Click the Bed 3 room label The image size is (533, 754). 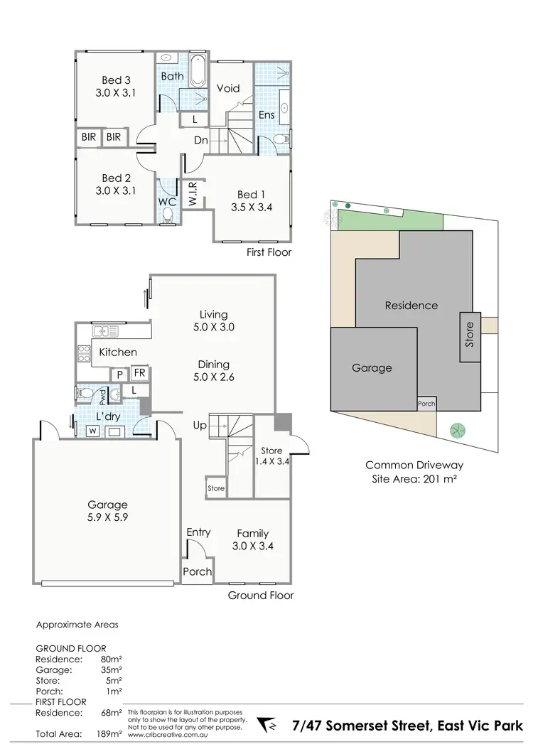pyautogui.click(x=116, y=80)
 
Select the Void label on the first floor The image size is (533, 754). pyautogui.click(x=228, y=88)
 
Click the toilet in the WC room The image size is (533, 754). pyautogui.click(x=168, y=216)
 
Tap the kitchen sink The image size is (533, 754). pyautogui.click(x=107, y=330)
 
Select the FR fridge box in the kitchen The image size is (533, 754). pyautogui.click(x=140, y=373)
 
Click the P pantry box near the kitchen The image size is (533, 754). pyautogui.click(x=119, y=375)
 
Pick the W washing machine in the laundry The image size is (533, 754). pyautogui.click(x=92, y=431)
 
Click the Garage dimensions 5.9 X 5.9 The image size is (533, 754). pyautogui.click(x=108, y=518)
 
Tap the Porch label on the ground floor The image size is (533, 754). pyautogui.click(x=198, y=571)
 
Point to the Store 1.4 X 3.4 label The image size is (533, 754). pyautogui.click(x=271, y=456)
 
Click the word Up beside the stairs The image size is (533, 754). pyautogui.click(x=200, y=425)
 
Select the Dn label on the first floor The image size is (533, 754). pyautogui.click(x=201, y=140)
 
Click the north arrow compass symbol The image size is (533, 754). pyautogui.click(x=272, y=726)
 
